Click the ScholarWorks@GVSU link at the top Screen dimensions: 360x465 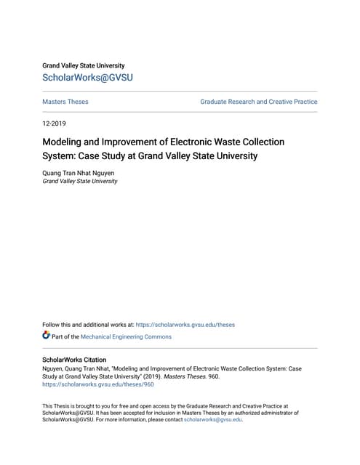coord(88,78)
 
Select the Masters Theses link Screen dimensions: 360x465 coord(65,102)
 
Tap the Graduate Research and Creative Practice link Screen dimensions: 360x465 coord(258,102)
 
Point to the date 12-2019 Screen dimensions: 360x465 coord(54,124)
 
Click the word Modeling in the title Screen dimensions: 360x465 coord(64,142)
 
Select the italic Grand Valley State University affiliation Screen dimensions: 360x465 coord(80,181)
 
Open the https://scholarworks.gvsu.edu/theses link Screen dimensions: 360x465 coord(185,325)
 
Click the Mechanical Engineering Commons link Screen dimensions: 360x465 coord(127,336)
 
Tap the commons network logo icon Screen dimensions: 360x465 coord(47,336)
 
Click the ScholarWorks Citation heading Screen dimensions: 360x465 coord(74,360)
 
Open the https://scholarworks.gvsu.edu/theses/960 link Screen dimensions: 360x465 coord(98,384)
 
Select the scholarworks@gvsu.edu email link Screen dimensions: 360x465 coord(212,419)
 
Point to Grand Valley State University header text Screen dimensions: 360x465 coord(83,65)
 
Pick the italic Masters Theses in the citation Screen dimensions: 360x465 coord(180,376)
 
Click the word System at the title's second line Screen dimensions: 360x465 coord(59,155)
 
